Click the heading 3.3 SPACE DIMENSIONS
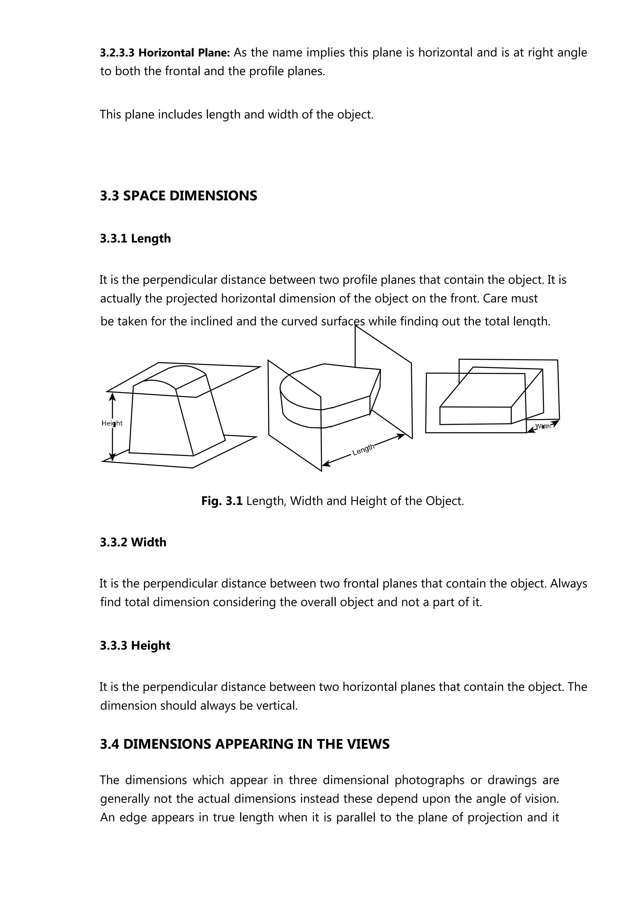179,196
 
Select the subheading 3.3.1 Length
135,238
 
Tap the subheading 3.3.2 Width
133,542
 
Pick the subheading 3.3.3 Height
135,646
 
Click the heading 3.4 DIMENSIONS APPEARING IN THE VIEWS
245,744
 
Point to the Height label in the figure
112,423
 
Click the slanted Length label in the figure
363,449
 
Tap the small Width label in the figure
543,426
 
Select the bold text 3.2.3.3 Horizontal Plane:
165,53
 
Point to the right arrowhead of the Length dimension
402,436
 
